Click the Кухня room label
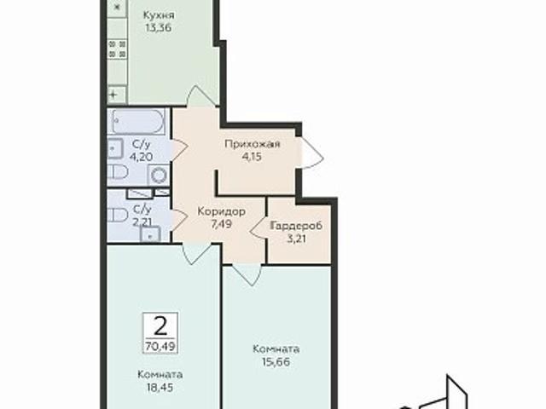pos(159,15)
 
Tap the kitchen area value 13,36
pos(158,28)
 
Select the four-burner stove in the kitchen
pos(118,49)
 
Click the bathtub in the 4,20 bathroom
pos(138,121)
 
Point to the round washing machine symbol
pos(159,175)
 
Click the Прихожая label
pos(253,144)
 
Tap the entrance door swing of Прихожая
pos(312,153)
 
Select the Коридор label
pos(222,211)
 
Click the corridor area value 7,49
pos(222,224)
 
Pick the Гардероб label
pos(296,226)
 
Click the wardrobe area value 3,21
pos(297,239)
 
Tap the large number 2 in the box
pos(160,326)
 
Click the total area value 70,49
pos(160,346)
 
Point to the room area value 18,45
pos(160,388)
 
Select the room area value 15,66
pos(276,362)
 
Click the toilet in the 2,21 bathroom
pos(118,215)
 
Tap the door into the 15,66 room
pos(246,274)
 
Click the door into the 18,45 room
pos(197,254)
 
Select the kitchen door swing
pos(201,95)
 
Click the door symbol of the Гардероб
pos(258,228)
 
